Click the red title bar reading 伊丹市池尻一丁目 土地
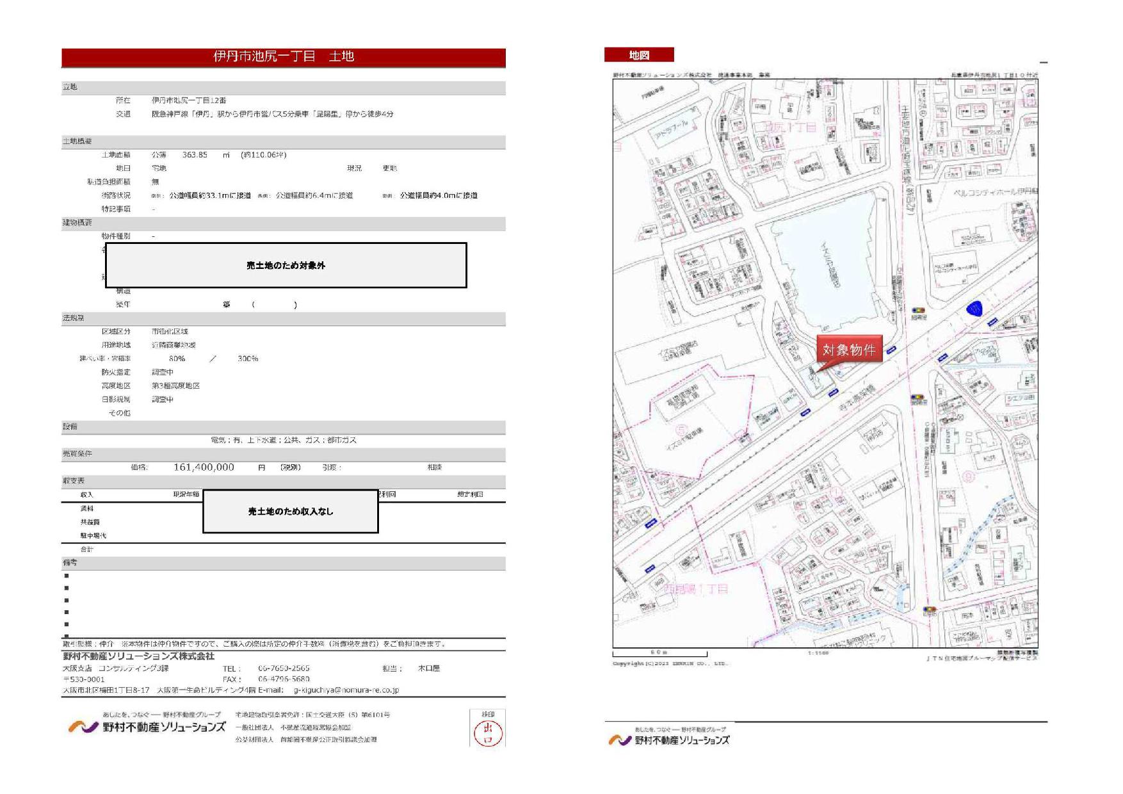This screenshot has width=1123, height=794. (283, 56)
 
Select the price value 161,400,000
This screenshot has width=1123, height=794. (204, 467)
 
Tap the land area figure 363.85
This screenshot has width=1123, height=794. (195, 155)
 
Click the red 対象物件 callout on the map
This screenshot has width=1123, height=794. (849, 350)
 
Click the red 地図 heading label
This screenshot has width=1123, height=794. (639, 55)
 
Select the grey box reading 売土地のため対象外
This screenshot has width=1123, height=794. (286, 265)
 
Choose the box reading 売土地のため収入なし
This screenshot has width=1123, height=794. (291, 512)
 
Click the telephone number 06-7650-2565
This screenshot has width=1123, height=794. (284, 668)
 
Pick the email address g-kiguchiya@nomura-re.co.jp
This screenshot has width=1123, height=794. (346, 690)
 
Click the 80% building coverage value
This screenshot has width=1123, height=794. (177, 359)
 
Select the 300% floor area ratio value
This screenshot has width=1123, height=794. (248, 359)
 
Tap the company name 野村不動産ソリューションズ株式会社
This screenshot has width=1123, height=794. (138, 656)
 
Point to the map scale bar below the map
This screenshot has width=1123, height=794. (659, 653)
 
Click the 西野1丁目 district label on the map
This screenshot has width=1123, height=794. (696, 588)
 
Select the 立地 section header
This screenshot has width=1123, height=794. (70, 87)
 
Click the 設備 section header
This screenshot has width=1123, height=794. (70, 426)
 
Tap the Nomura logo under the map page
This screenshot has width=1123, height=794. (668, 740)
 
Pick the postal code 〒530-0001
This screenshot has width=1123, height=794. (84, 679)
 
